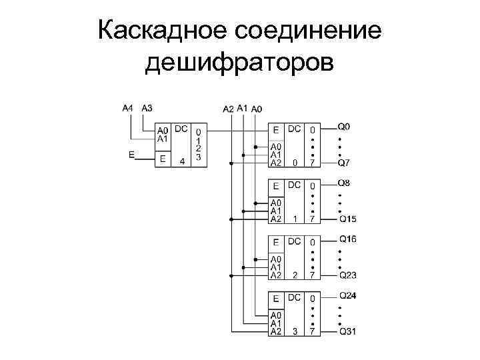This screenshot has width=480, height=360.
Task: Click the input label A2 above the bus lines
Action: [x=229, y=109]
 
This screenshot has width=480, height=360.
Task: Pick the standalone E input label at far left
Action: [x=131, y=154]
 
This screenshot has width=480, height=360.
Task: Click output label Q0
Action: [x=344, y=125]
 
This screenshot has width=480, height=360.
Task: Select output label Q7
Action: [x=344, y=162]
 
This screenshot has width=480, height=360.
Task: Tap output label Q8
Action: [x=344, y=182]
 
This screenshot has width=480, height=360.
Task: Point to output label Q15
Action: [x=347, y=219]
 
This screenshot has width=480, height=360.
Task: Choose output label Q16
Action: [x=347, y=239]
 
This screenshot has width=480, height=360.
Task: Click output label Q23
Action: [x=347, y=275]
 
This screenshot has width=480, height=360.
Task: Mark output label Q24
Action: [x=347, y=295]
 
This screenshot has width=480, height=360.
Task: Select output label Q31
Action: [x=347, y=331]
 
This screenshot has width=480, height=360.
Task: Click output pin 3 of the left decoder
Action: [x=199, y=157]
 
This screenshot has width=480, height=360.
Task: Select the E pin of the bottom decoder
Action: [x=276, y=297]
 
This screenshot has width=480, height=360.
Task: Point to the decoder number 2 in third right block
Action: [x=295, y=275]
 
